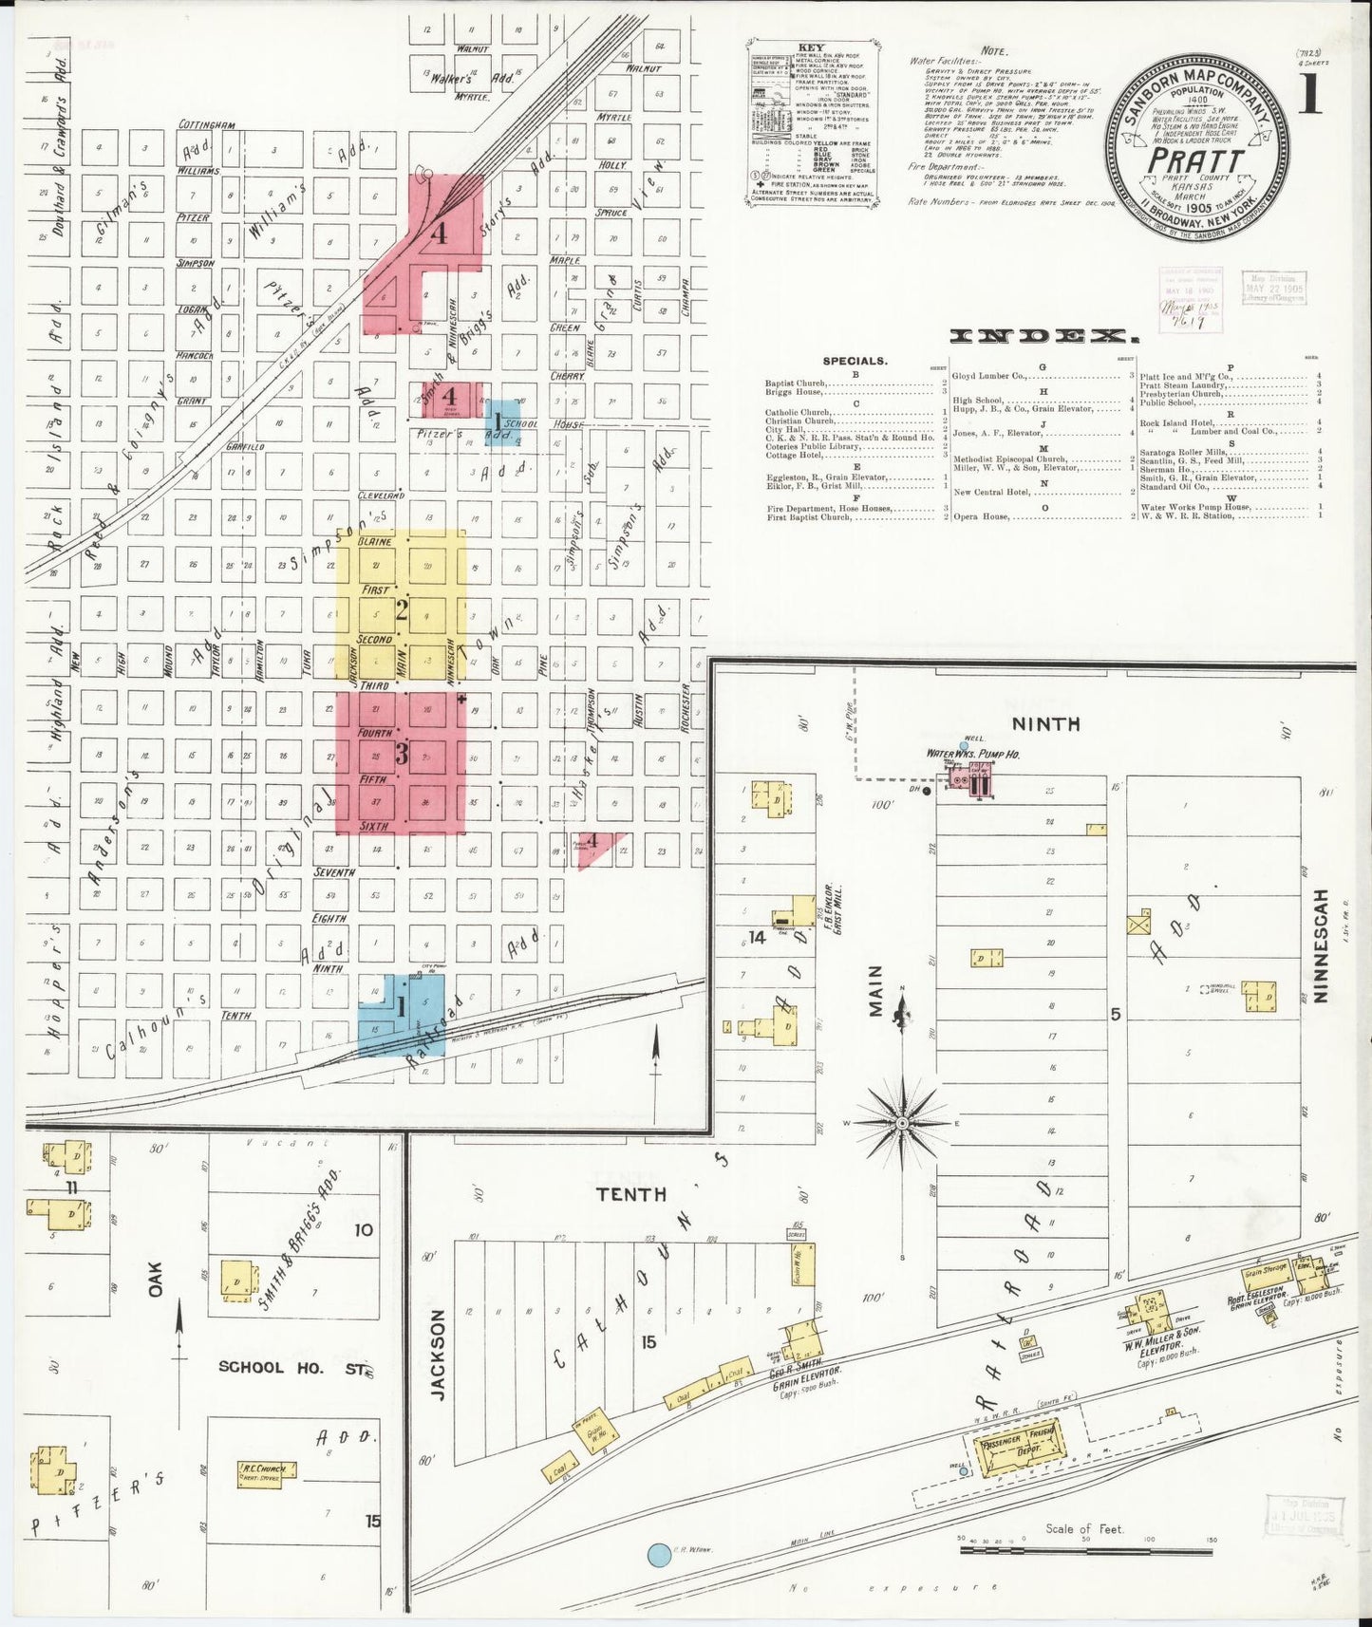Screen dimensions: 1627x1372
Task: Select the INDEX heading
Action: (x=1043, y=336)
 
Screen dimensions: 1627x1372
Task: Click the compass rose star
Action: (x=903, y=1124)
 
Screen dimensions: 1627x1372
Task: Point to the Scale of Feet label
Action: (x=1084, y=1529)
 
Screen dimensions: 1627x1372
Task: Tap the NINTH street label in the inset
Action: (x=1044, y=724)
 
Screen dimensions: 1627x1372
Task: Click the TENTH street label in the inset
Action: (x=631, y=1194)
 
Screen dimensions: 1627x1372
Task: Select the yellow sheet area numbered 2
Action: (x=402, y=610)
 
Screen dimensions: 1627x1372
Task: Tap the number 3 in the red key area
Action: (x=402, y=756)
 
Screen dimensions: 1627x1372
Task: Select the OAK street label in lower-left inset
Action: (x=155, y=1278)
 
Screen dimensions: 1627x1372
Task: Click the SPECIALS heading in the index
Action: (x=855, y=362)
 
